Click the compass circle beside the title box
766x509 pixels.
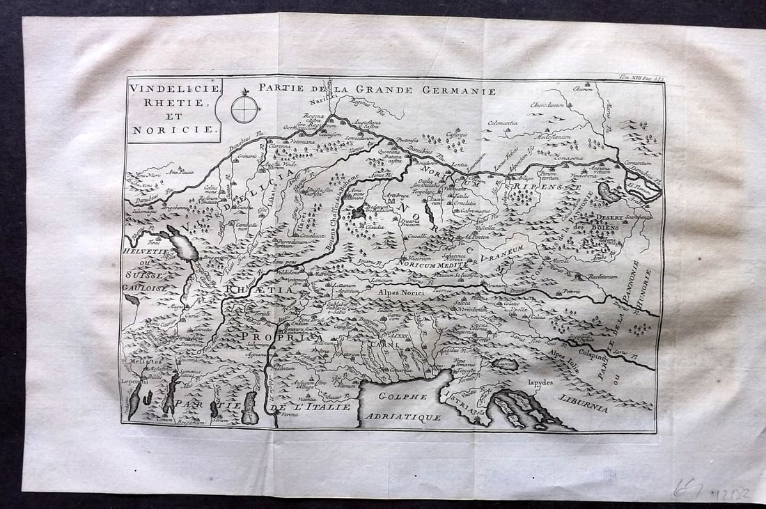click(x=244, y=109)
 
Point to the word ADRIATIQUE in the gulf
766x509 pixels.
click(x=409, y=416)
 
